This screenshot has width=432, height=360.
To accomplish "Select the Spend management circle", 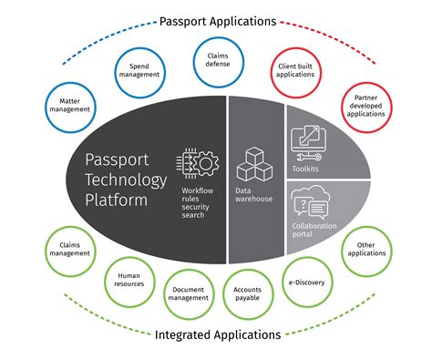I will (x=140, y=69).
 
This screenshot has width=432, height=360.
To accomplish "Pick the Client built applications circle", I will (x=296, y=69).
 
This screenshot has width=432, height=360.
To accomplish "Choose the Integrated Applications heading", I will (x=216, y=334).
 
